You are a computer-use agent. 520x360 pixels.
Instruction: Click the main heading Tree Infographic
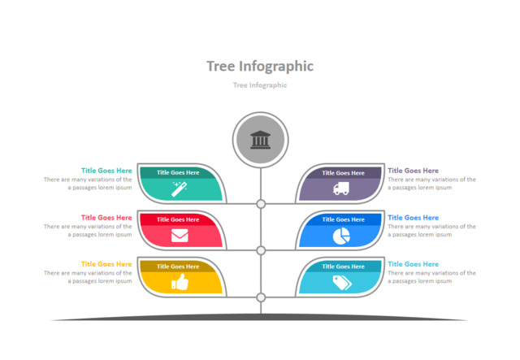click(x=260, y=66)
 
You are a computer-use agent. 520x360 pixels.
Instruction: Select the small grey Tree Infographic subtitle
click(x=260, y=85)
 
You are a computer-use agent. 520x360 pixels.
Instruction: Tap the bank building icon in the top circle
click(x=261, y=140)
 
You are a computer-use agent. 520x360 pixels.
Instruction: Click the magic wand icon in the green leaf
click(x=179, y=189)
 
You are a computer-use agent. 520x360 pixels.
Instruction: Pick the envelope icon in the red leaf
click(x=179, y=236)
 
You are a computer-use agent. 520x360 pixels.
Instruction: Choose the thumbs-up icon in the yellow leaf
click(x=179, y=283)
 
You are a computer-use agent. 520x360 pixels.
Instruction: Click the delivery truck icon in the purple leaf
click(x=341, y=189)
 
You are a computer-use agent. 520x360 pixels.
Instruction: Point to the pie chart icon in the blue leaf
click(x=341, y=236)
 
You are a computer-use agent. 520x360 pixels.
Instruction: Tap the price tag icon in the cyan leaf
click(x=341, y=283)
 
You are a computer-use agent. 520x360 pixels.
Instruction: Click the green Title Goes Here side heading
click(x=106, y=171)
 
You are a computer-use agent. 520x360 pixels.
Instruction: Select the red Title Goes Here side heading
click(x=106, y=218)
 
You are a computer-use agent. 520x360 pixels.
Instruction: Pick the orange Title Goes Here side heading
click(x=106, y=264)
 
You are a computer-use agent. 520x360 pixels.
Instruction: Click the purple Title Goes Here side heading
click(x=413, y=171)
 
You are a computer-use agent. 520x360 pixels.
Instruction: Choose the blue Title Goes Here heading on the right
click(x=413, y=218)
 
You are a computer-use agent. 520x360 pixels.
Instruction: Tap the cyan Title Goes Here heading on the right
click(x=413, y=264)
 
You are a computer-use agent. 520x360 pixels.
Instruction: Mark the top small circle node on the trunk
click(x=261, y=204)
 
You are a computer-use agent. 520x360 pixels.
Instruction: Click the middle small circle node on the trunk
click(x=261, y=250)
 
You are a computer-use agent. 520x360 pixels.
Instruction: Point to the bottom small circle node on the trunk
click(x=261, y=297)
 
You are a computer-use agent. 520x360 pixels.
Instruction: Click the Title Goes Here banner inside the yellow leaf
click(x=178, y=266)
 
